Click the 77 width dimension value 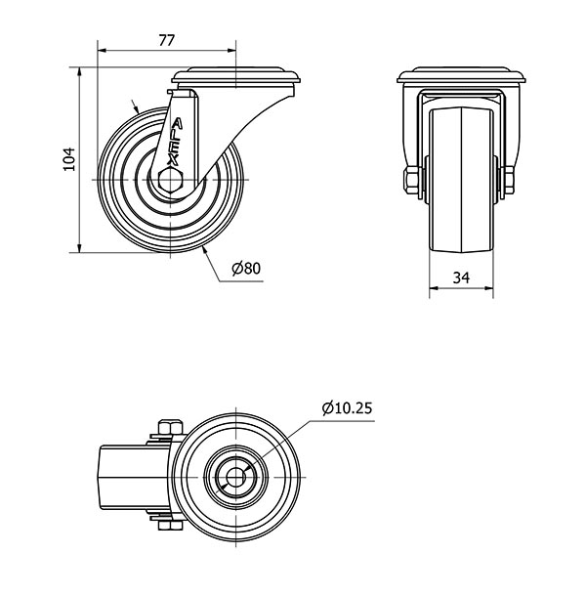click(166, 40)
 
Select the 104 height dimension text click(67, 159)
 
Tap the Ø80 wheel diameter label click(247, 268)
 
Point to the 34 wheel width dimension click(463, 278)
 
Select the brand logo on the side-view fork click(177, 142)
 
